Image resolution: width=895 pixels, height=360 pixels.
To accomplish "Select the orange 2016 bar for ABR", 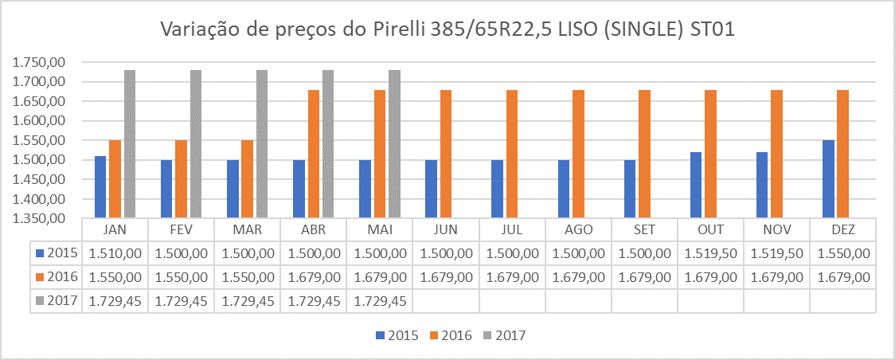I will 314,154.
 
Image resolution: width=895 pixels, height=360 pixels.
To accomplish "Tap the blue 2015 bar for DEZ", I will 828,178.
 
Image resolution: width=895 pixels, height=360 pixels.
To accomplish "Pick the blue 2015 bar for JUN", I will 432,188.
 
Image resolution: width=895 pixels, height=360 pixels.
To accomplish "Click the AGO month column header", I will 578,229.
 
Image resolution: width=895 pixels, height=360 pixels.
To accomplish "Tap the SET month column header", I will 644,229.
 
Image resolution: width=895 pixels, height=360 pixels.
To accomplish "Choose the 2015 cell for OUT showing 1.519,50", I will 710,252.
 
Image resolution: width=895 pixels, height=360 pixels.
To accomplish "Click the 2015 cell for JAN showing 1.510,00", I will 115,252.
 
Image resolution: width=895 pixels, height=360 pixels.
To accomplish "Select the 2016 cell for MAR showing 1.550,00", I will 248,277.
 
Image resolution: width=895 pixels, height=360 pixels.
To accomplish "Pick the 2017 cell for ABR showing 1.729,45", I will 314,301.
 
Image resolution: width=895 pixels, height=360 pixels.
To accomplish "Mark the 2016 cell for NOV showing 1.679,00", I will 776,277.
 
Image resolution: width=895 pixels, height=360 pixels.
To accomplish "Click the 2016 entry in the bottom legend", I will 452,335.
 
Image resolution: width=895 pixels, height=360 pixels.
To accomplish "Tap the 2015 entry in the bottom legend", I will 398,335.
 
